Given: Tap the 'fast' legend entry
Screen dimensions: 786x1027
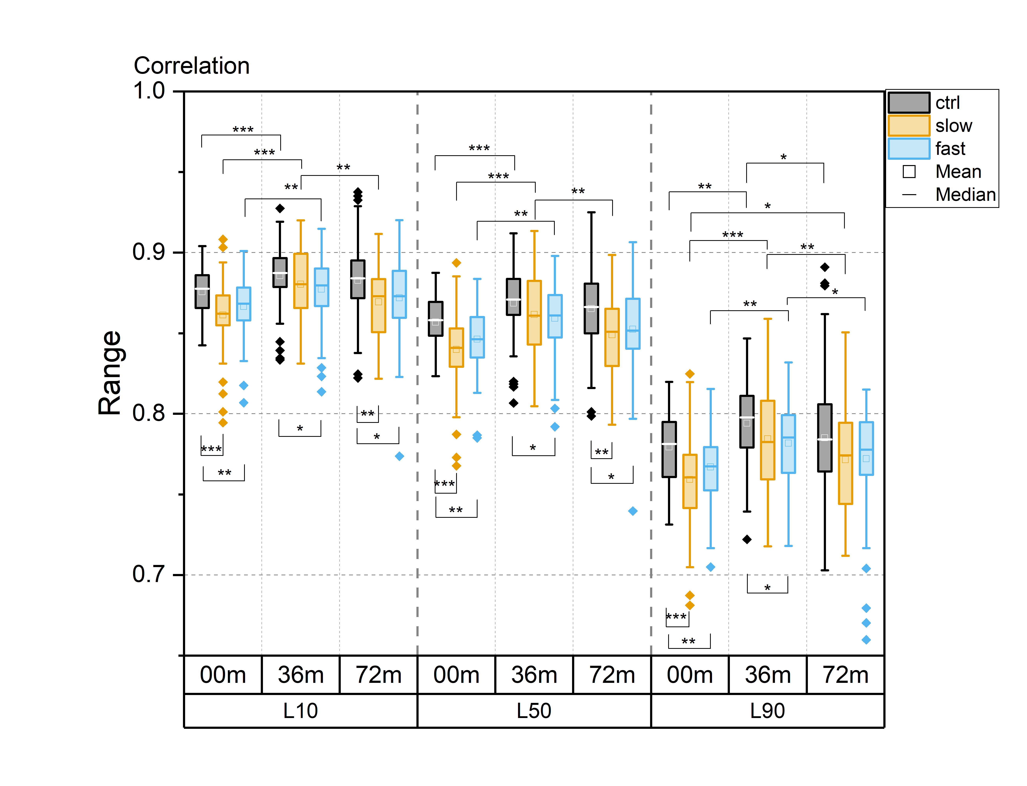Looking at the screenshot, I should [950, 149].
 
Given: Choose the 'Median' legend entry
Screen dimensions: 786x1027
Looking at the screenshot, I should [965, 195].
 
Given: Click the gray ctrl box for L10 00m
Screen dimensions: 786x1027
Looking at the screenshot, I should [202, 291].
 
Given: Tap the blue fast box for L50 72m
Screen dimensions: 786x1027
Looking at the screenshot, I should [633, 324].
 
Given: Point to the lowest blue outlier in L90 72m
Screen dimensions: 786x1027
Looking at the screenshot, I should [866, 640].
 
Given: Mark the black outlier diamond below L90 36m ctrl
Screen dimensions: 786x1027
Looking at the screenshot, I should [747, 539].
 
